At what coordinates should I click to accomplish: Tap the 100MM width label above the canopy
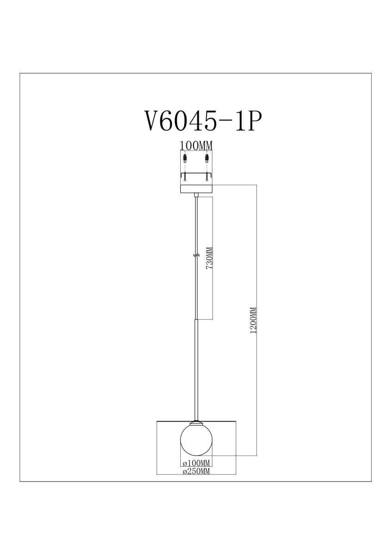click(x=196, y=145)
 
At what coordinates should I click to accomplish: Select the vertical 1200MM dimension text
click(x=252, y=321)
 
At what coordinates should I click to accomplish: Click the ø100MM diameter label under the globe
click(x=196, y=463)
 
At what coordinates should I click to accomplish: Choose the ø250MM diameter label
click(x=196, y=471)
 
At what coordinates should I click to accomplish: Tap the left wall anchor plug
click(x=186, y=159)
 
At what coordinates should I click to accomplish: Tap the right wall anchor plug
click(x=206, y=159)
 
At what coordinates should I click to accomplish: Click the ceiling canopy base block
click(x=196, y=189)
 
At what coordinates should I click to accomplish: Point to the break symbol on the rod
click(x=196, y=255)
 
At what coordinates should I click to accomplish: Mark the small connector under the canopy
click(x=197, y=197)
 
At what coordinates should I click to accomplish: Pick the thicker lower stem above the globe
click(x=196, y=369)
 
